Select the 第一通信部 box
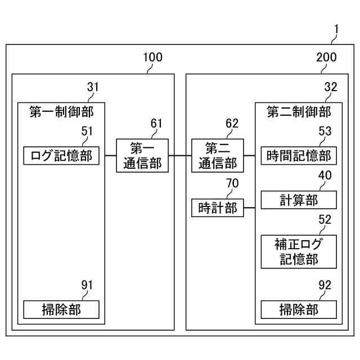pyautogui.click(x=142, y=155)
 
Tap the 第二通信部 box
pyautogui.click(x=218, y=155)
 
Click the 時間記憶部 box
pyautogui.click(x=299, y=155)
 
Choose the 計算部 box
pyautogui.click(x=299, y=200)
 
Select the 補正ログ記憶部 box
pyautogui.click(x=299, y=251)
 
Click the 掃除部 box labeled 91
pyautogui.click(x=61, y=309)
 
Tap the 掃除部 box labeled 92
pyautogui.click(x=299, y=309)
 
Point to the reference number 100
pyautogui.click(x=152, y=57)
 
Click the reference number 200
pyautogui.click(x=327, y=57)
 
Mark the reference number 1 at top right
pyautogui.click(x=336, y=28)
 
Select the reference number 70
pyautogui.click(x=232, y=183)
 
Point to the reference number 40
pyautogui.click(x=325, y=175)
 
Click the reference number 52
pyautogui.click(x=325, y=220)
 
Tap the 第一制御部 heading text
pyautogui.click(x=61, y=112)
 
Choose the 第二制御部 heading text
pyautogui.click(x=299, y=112)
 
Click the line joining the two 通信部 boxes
pyautogui.click(x=180, y=155)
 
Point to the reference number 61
pyautogui.click(x=157, y=123)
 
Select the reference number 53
pyautogui.click(x=325, y=131)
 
